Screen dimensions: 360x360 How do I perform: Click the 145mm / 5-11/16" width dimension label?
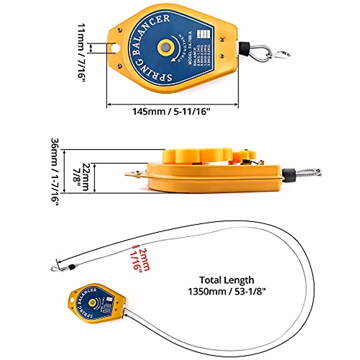[171, 112]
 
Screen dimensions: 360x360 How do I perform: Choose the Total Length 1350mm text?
[227, 286]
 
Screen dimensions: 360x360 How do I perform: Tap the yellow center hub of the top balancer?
[165, 47]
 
